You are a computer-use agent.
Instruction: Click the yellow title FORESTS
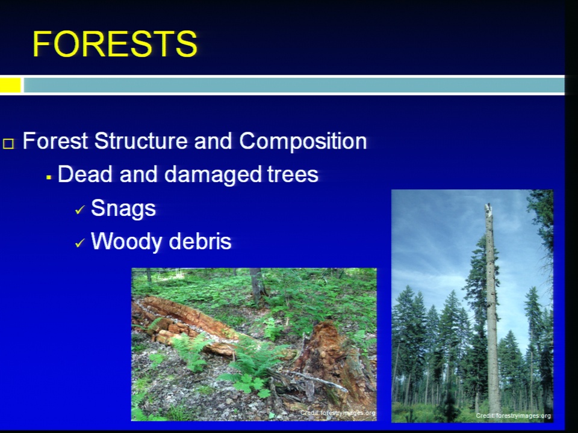pyautogui.click(x=115, y=44)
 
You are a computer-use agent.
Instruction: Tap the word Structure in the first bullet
pyautogui.click(x=141, y=141)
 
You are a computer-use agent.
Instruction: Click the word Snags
pyautogui.click(x=123, y=209)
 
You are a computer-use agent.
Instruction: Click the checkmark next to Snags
pyautogui.click(x=79, y=210)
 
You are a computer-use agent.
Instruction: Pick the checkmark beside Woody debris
pyautogui.click(x=79, y=243)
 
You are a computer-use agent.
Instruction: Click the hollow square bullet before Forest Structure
pyautogui.click(x=8, y=144)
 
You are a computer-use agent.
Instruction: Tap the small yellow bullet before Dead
pyautogui.click(x=48, y=177)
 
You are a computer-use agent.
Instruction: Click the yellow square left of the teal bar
pyautogui.click(x=10, y=85)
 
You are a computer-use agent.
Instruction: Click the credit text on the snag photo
pyautogui.click(x=513, y=416)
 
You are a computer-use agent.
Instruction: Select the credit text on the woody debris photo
pyautogui.click(x=338, y=413)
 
